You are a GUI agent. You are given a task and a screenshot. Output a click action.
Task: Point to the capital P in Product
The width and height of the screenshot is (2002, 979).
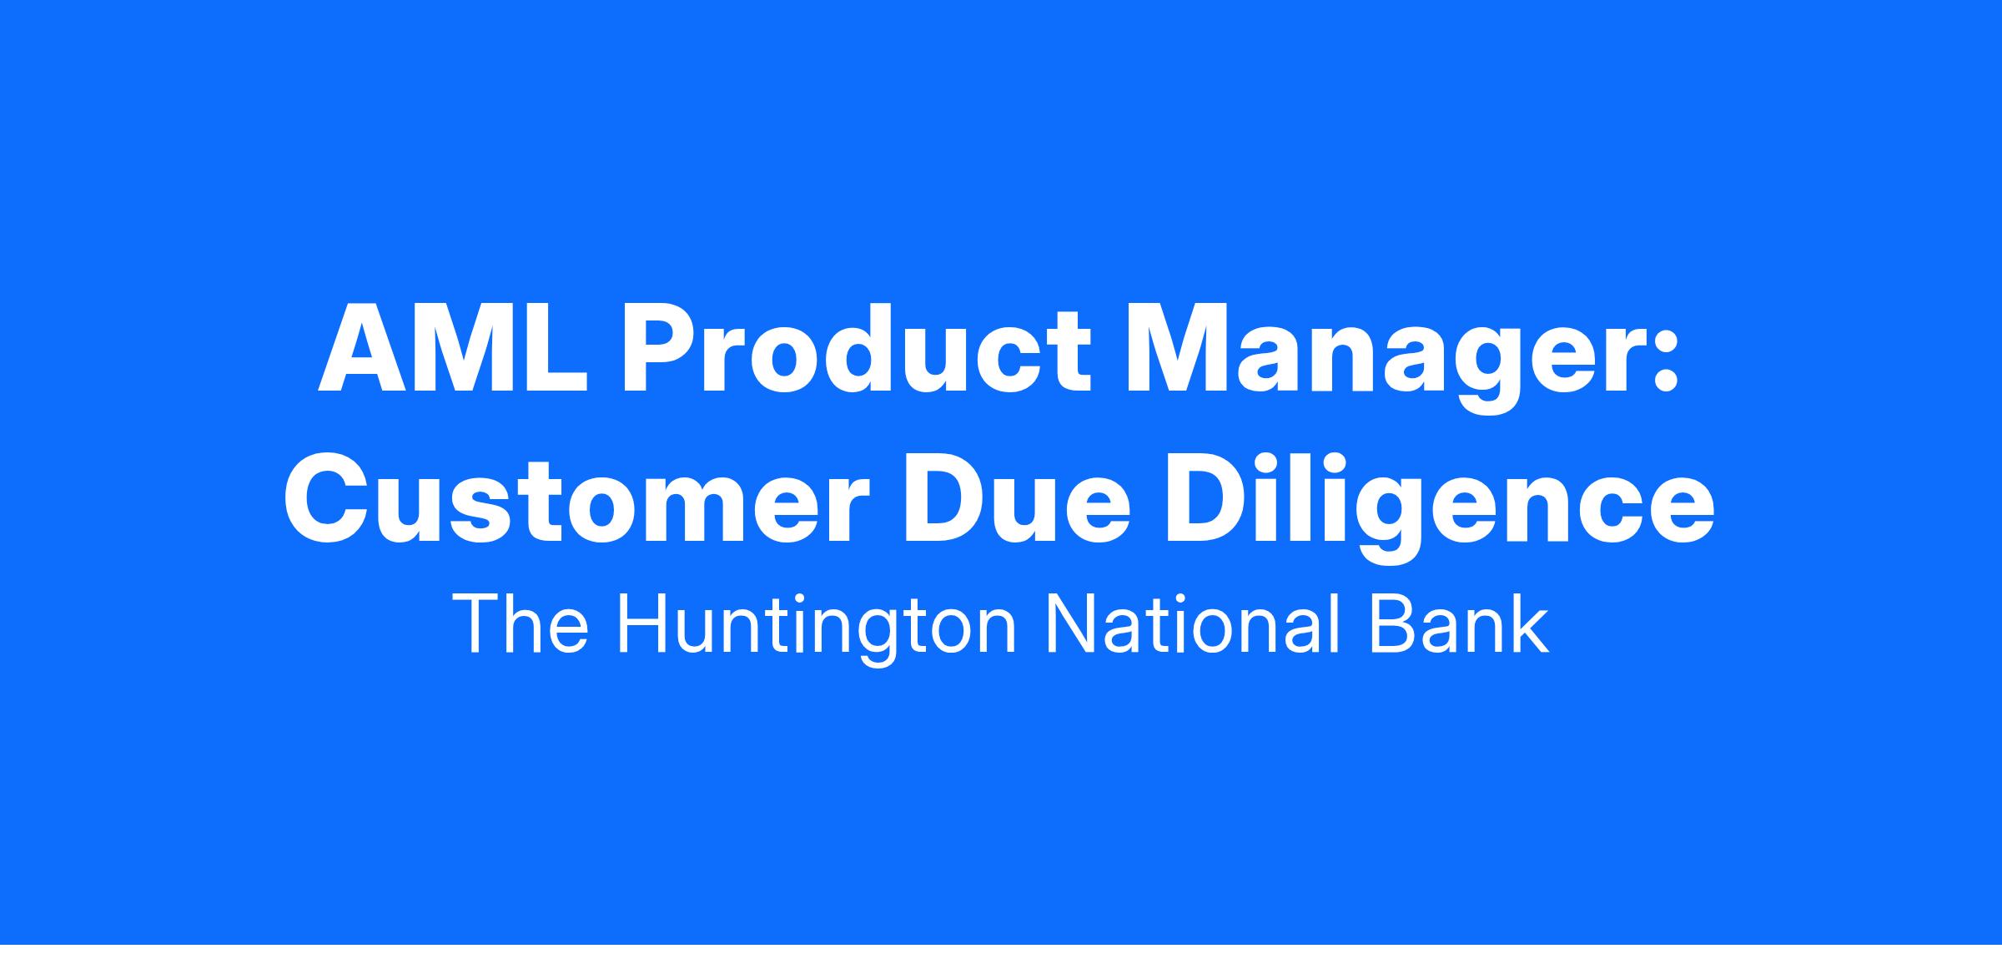pos(658,350)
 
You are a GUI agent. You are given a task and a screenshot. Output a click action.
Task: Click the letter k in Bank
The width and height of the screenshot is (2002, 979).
pos(1532,623)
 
